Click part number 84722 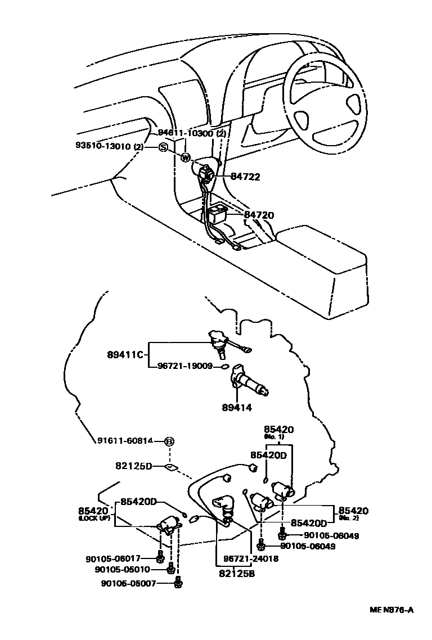tap(245, 177)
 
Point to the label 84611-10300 tap(185, 133)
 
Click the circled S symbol tap(163, 147)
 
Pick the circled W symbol tap(186, 157)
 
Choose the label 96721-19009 tap(181, 366)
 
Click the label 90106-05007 tap(130, 583)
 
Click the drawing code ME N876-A tap(391, 610)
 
